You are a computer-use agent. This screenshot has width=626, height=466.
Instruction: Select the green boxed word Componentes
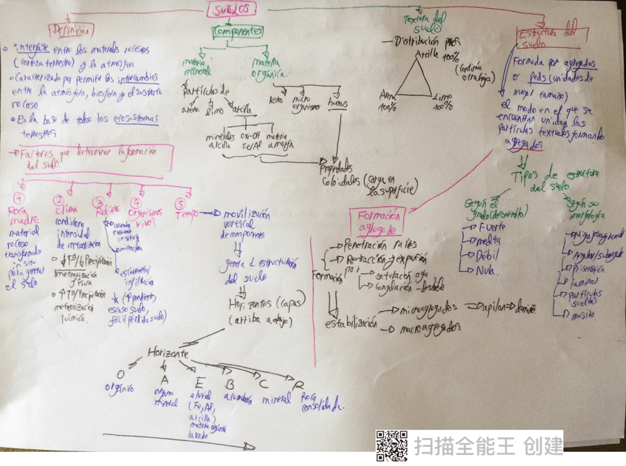coord(238,32)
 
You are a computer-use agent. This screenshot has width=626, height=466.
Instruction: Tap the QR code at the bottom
coord(392,445)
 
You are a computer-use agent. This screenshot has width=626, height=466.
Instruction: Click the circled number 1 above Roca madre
coord(20,197)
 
